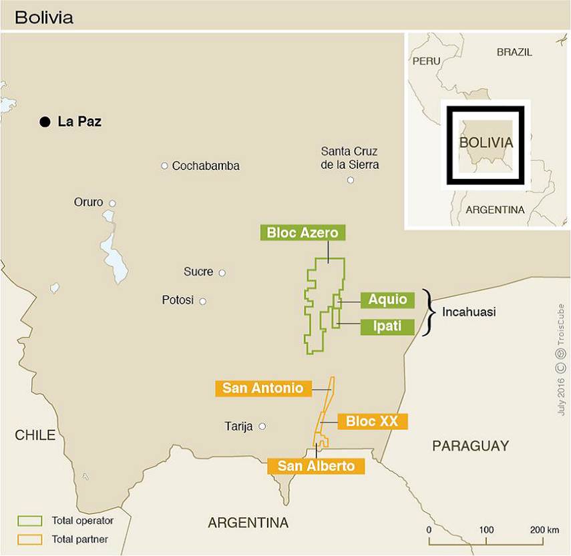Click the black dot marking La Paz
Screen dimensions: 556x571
[45, 121]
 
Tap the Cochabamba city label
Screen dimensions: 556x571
[206, 166]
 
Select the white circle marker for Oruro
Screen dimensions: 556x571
[112, 204]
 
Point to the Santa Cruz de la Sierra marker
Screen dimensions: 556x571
[351, 180]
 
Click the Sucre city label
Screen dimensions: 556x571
[198, 272]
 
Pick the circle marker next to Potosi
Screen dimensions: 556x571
[203, 301]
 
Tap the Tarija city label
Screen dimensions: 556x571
[238, 427]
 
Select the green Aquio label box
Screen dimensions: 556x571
[387, 300]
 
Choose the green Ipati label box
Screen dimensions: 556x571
[387, 327]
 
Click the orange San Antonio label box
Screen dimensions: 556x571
[263, 388]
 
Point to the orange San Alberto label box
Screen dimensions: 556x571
[316, 466]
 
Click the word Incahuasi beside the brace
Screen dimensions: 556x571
[469, 312]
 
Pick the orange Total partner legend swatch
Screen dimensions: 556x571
[30, 539]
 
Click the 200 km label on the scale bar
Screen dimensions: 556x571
[544, 530]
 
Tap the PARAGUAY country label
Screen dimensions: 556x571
[470, 446]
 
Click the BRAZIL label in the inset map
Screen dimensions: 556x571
[514, 51]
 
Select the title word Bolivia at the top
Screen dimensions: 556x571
[44, 17]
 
